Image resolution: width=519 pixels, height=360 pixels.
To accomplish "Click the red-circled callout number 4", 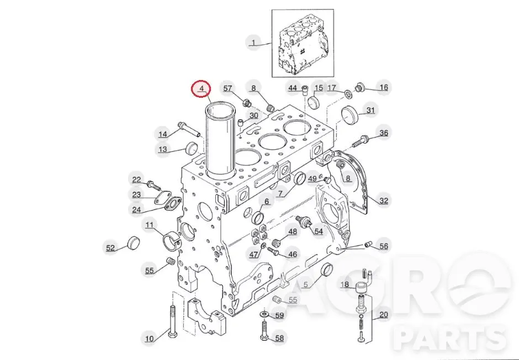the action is click(x=202, y=88).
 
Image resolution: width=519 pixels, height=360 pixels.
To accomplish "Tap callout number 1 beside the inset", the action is click(x=253, y=43).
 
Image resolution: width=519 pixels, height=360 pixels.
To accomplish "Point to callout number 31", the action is click(x=370, y=110).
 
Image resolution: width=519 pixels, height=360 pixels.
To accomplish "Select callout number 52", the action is click(x=110, y=247).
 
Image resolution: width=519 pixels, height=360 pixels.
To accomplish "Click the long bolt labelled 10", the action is click(x=172, y=321).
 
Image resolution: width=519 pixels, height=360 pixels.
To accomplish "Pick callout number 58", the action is click(x=280, y=338).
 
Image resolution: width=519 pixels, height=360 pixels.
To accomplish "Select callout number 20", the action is click(x=383, y=314).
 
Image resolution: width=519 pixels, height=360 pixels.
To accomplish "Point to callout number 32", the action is click(x=384, y=200).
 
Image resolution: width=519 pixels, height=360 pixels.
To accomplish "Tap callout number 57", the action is click(x=227, y=88).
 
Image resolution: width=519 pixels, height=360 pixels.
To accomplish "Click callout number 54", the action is click(x=319, y=231).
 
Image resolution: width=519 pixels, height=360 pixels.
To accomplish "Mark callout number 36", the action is click(x=384, y=133).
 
